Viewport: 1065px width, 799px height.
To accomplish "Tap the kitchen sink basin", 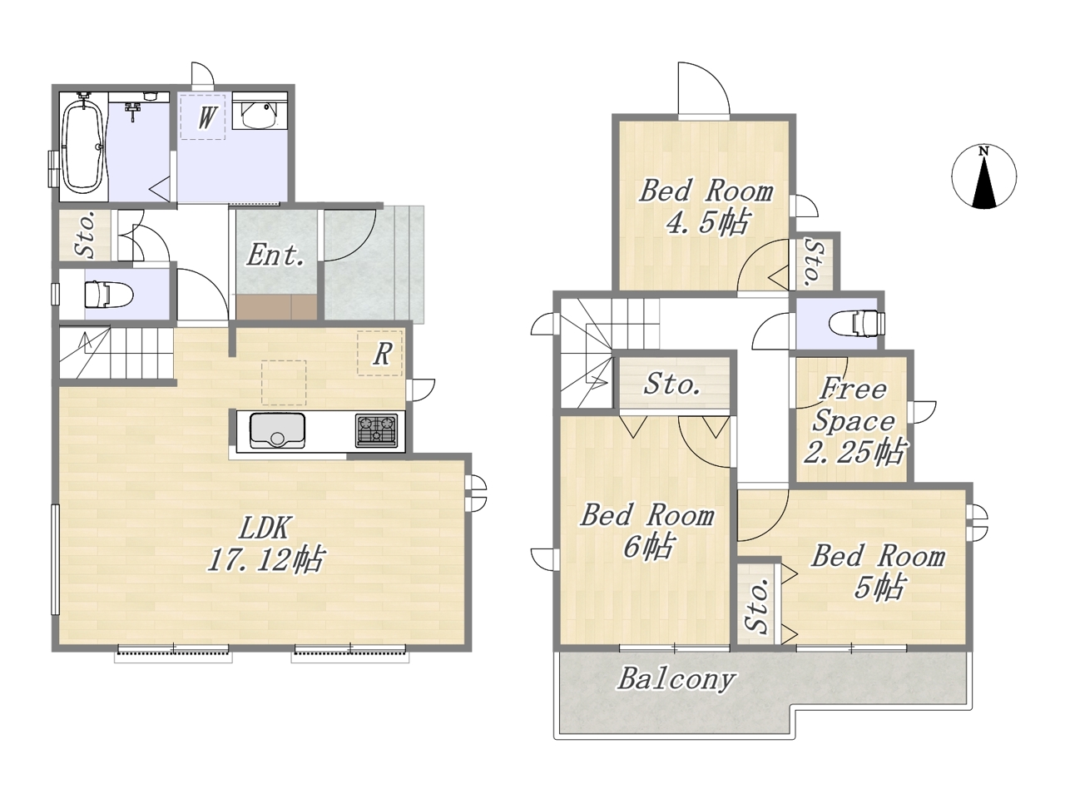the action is click(x=277, y=431).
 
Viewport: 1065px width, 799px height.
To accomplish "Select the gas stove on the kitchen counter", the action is click(x=377, y=429).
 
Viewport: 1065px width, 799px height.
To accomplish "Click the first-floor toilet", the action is click(x=106, y=294).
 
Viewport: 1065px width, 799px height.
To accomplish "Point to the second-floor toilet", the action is click(x=857, y=324).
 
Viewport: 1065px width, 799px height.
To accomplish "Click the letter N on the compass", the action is click(x=983, y=151).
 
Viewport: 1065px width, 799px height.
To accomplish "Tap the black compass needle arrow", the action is click(x=984, y=182).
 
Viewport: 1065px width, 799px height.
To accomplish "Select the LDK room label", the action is click(x=265, y=528).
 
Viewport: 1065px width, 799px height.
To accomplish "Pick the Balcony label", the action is click(x=676, y=679).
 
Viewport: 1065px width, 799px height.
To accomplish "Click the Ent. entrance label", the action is click(x=275, y=256).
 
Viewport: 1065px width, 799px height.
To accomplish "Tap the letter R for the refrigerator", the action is click(x=382, y=355).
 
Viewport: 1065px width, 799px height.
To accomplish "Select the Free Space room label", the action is click(x=853, y=405).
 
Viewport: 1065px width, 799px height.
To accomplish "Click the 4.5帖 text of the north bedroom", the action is click(x=706, y=223).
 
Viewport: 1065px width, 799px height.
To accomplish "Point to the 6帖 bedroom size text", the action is click(x=647, y=547).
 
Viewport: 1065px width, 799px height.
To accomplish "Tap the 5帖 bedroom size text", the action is click(x=879, y=588).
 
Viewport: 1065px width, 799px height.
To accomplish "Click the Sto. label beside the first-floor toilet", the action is click(x=86, y=235).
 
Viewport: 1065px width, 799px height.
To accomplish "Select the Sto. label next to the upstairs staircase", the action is click(x=672, y=385).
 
